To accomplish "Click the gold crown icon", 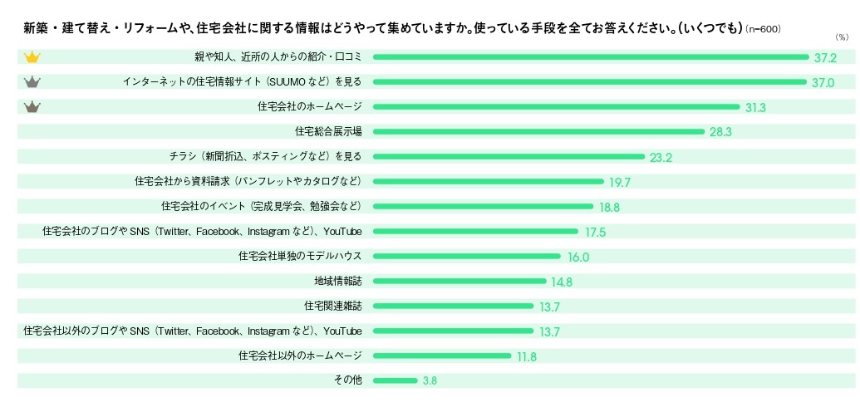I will coord(32,57).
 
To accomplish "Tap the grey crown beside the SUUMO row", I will coord(32,82).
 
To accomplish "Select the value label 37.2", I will coord(825,58).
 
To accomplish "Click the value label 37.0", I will coord(823,83).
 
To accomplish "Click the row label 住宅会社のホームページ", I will coord(310,107).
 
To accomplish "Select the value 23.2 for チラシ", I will coord(661,157).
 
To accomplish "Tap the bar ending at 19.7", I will coord(488,181).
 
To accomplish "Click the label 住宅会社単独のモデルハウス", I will coord(300,256).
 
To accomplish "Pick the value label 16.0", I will coord(578,257).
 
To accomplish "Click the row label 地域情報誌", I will coord(338,281).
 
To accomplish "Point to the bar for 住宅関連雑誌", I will coord(453,306).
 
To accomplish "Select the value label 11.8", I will coord(527,357).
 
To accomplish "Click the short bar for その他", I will coord(395,380).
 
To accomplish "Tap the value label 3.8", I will coord(430,381).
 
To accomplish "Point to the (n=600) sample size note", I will coord(764,30).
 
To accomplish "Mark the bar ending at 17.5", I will coord(474,231).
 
